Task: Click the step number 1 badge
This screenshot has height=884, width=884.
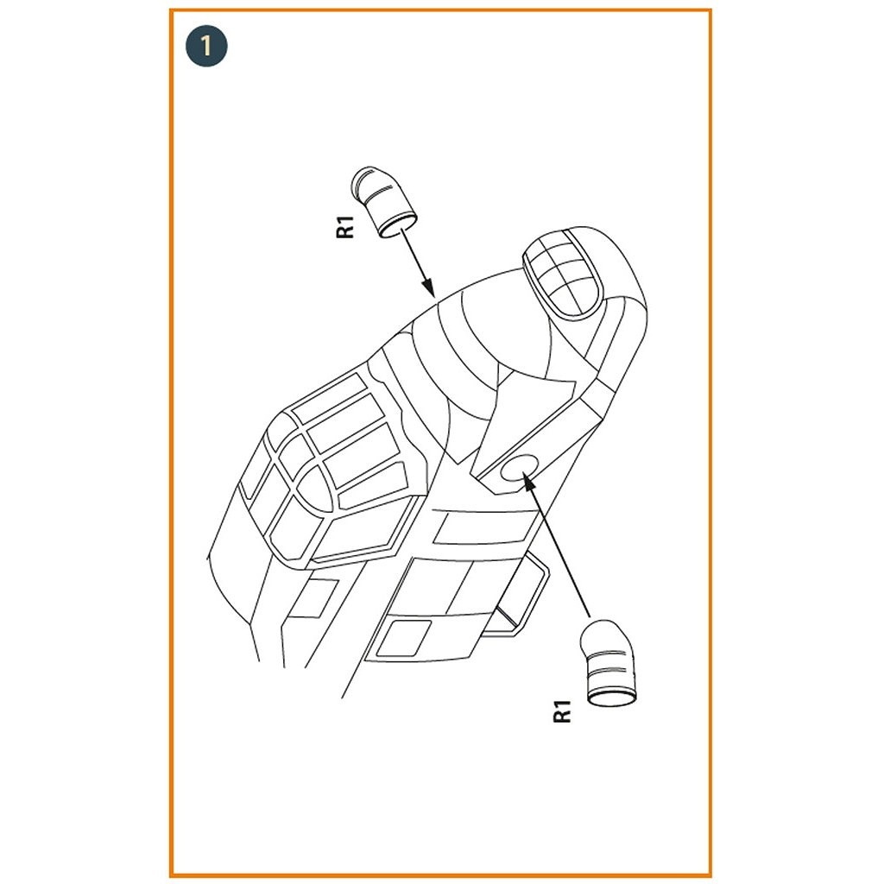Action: click(x=206, y=46)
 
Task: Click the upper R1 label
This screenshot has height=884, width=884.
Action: click(x=345, y=226)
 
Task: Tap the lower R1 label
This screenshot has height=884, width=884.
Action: click(x=562, y=711)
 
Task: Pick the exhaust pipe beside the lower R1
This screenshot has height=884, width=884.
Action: click(x=609, y=663)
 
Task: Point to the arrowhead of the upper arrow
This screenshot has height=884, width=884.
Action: click(x=428, y=287)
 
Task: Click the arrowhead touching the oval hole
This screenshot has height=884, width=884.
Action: click(x=528, y=482)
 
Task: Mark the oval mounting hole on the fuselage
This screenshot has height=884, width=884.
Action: click(x=519, y=467)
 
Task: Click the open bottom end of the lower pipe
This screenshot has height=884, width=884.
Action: click(x=612, y=698)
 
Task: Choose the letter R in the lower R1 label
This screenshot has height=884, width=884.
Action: click(x=562, y=716)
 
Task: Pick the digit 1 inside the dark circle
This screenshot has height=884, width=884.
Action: click(x=206, y=46)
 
